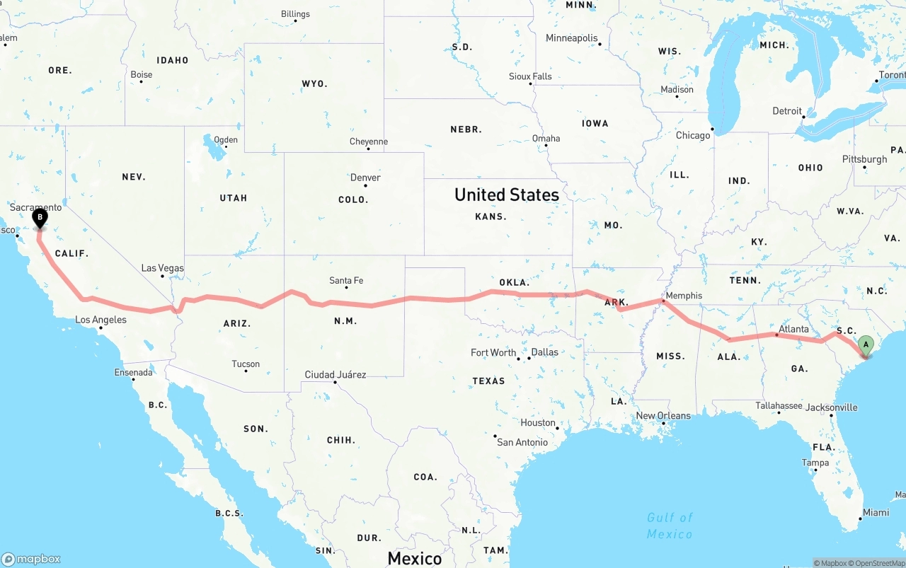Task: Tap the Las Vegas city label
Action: (162, 268)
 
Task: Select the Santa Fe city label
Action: (346, 281)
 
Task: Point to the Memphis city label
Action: (684, 296)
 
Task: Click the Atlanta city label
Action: (793, 329)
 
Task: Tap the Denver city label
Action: (365, 177)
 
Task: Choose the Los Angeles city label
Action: (101, 320)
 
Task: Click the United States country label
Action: (506, 195)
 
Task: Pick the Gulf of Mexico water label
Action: (670, 526)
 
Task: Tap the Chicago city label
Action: (692, 135)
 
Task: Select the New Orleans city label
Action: (663, 415)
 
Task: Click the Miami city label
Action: (876, 512)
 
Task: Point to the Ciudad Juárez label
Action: (335, 374)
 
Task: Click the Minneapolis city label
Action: (571, 38)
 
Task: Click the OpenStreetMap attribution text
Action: (878, 563)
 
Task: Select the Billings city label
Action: (295, 13)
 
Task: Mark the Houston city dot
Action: (558, 428)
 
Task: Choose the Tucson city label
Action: (246, 364)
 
